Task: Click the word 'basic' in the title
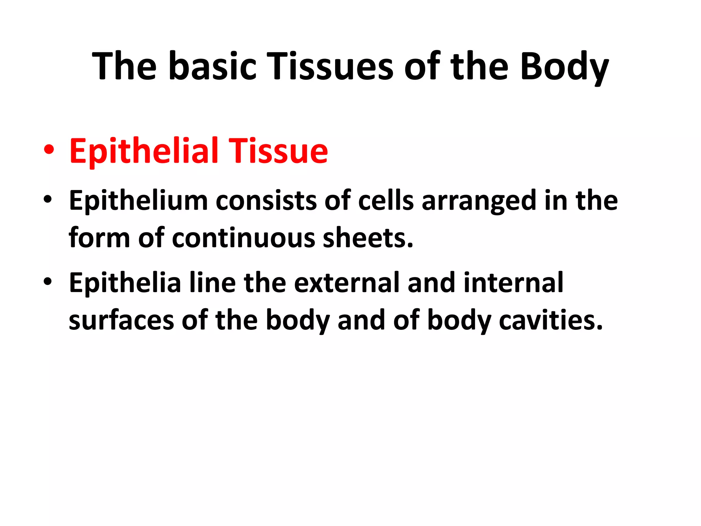(x=212, y=66)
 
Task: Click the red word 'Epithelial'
(x=144, y=151)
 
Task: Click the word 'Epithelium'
(x=138, y=201)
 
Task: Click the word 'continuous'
(x=243, y=238)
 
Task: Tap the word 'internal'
(x=513, y=283)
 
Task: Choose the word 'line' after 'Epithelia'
(x=212, y=283)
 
